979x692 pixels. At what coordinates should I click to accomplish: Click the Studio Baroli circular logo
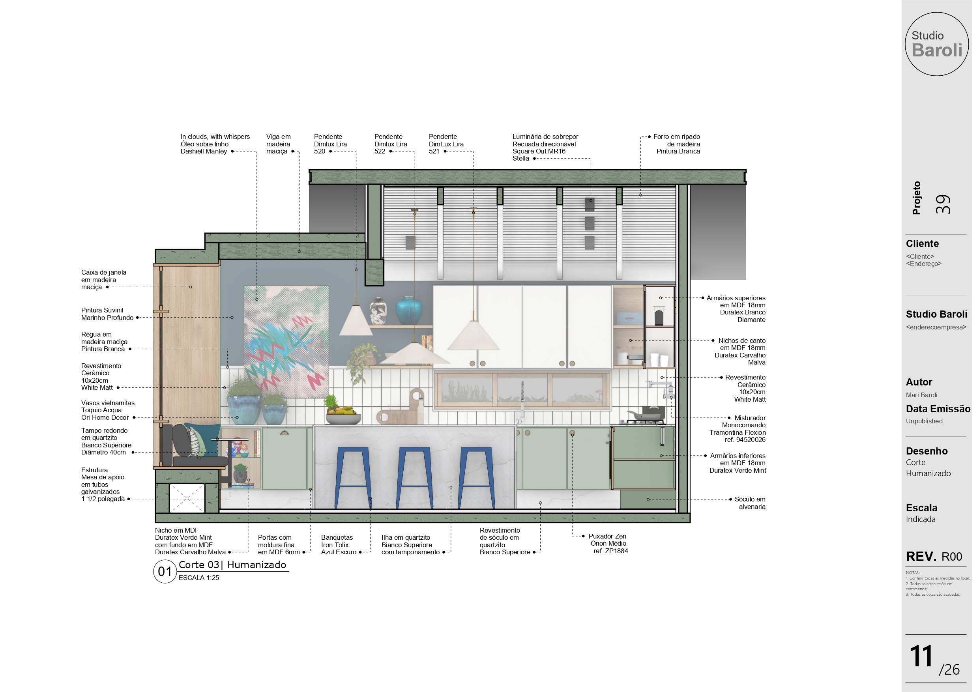(936, 44)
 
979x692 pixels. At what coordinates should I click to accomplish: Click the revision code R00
(952, 556)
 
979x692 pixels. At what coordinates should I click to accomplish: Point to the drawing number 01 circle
(165, 571)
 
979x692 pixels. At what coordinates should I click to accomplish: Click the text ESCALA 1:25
(199, 578)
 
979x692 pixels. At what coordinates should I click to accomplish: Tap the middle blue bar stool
(414, 477)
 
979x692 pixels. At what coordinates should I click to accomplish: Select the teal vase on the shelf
(408, 310)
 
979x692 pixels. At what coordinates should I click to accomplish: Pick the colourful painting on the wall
(286, 342)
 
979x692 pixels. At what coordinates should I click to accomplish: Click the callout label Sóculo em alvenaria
(750, 503)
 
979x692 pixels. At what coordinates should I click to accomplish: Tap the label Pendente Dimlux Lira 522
(391, 144)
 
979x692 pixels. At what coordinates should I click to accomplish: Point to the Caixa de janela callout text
(104, 280)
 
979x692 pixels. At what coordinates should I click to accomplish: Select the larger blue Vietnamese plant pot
(244, 409)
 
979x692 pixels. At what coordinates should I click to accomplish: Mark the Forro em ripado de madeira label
(676, 144)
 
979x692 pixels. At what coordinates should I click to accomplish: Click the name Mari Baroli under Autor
(921, 395)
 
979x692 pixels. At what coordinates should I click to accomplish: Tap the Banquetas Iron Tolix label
(339, 544)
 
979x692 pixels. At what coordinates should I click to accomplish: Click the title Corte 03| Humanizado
(232, 565)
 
